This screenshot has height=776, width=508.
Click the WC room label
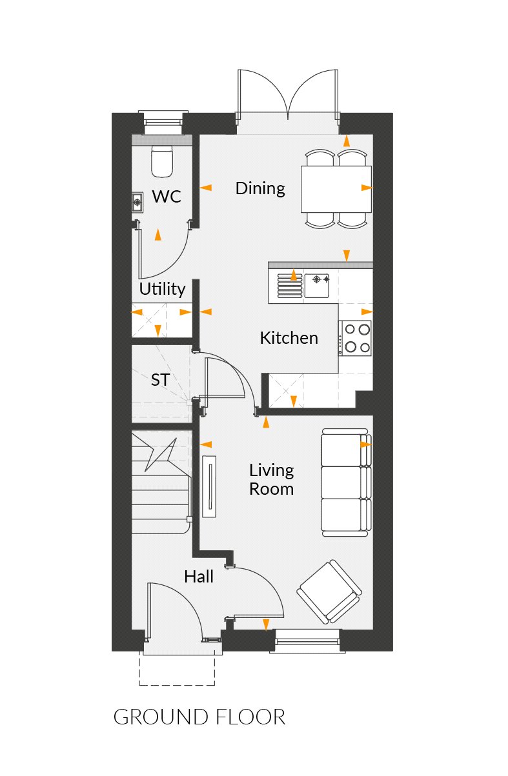pyautogui.click(x=167, y=197)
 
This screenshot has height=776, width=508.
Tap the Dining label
pyautogui.click(x=260, y=188)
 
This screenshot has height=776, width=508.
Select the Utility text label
pyautogui.click(x=163, y=289)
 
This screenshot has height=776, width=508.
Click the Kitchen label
pyautogui.click(x=289, y=337)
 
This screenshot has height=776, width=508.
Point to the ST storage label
pyautogui.click(x=160, y=381)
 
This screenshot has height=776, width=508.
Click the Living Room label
pyautogui.click(x=272, y=479)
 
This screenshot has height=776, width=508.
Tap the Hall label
pyautogui.click(x=199, y=576)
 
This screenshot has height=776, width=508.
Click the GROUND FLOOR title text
pyautogui.click(x=199, y=717)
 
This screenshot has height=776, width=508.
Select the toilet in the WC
pyautogui.click(x=162, y=161)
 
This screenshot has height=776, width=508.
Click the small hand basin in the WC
pyautogui.click(x=137, y=203)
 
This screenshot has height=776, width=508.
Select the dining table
pyautogui.click(x=336, y=189)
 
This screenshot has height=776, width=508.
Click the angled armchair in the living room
pyautogui.click(x=330, y=591)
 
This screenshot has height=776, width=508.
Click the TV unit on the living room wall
pyautogui.click(x=210, y=486)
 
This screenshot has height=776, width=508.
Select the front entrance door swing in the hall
pyautogui.click(x=174, y=610)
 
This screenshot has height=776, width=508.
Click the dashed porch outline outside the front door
pyautogui.click(x=177, y=671)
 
